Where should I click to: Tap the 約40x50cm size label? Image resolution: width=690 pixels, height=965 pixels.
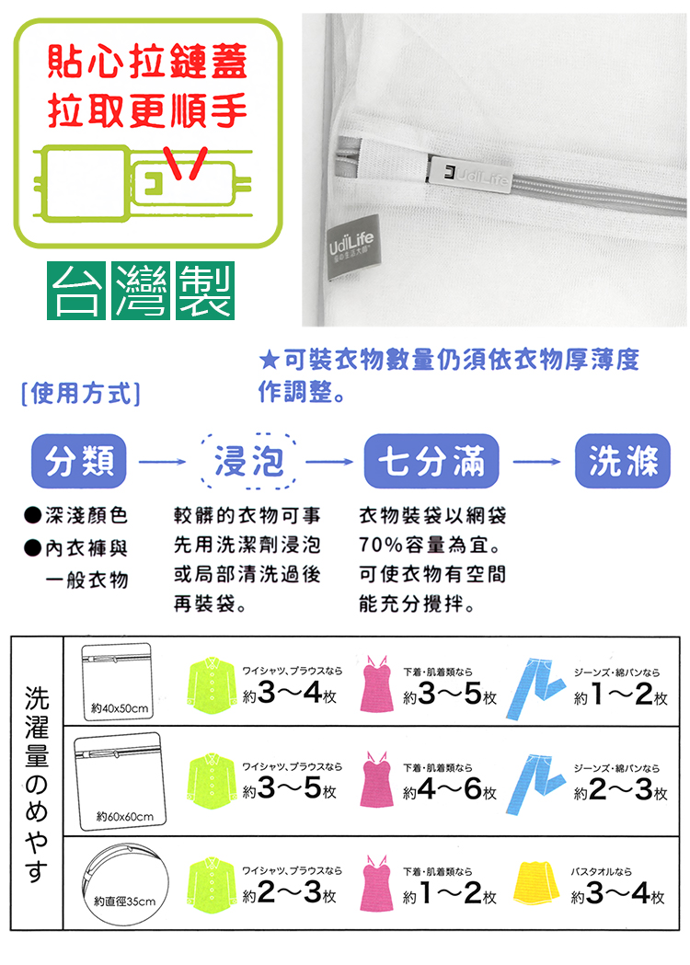(121, 707)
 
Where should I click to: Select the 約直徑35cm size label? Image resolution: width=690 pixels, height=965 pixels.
(125, 900)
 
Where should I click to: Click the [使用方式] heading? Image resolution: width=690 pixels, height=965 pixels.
(80, 396)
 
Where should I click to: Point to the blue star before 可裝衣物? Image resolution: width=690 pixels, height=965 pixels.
(268, 359)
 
